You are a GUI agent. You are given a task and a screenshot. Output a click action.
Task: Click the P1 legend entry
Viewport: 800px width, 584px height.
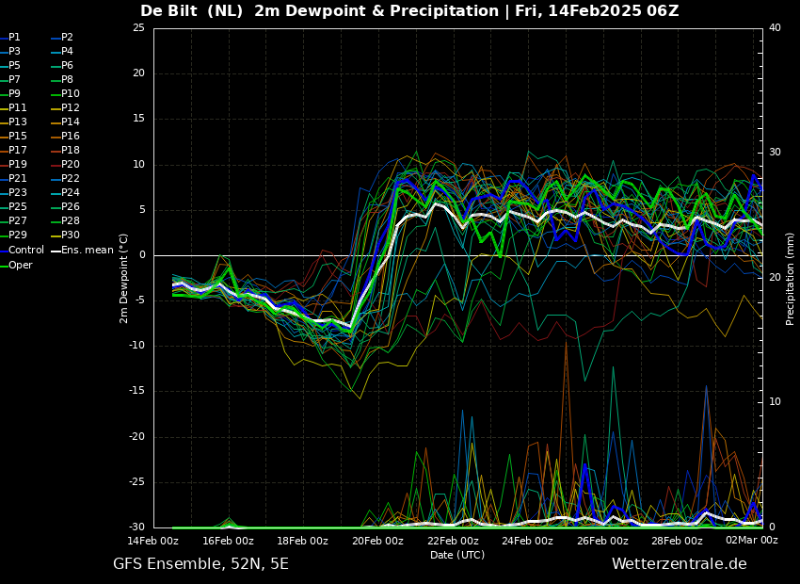(x=10, y=38)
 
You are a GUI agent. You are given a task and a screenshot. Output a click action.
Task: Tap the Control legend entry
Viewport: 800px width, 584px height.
(x=22, y=251)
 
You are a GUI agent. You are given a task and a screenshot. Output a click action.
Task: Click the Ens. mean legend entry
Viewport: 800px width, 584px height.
(x=82, y=251)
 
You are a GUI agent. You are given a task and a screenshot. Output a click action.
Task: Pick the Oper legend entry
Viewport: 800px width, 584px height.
(x=16, y=266)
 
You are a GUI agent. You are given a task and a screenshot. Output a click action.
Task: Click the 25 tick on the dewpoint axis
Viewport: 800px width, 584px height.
(x=138, y=28)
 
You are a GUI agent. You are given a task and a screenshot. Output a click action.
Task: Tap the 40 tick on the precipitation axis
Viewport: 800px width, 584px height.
(x=775, y=28)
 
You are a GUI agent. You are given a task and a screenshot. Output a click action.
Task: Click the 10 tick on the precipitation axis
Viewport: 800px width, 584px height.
(x=775, y=402)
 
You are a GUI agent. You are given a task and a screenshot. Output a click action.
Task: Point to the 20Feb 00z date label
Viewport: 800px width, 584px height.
(x=377, y=541)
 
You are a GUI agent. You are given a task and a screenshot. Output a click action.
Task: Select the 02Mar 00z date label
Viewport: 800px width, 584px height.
(x=752, y=541)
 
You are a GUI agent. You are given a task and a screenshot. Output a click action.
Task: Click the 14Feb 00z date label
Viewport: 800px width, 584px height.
(x=153, y=541)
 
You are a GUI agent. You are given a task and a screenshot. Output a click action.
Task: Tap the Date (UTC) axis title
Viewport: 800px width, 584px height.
(x=457, y=555)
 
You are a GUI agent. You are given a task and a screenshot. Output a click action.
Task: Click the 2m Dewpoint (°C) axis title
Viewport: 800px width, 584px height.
(x=124, y=279)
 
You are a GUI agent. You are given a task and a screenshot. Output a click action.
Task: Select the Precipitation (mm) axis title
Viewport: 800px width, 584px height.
(x=791, y=279)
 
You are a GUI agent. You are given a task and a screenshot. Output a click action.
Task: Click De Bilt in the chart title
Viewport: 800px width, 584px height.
(x=168, y=10)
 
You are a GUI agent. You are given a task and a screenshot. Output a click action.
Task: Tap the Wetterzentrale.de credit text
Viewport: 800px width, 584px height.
(x=680, y=564)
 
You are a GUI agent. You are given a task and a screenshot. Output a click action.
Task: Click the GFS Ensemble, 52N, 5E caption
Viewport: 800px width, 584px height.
(x=200, y=564)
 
